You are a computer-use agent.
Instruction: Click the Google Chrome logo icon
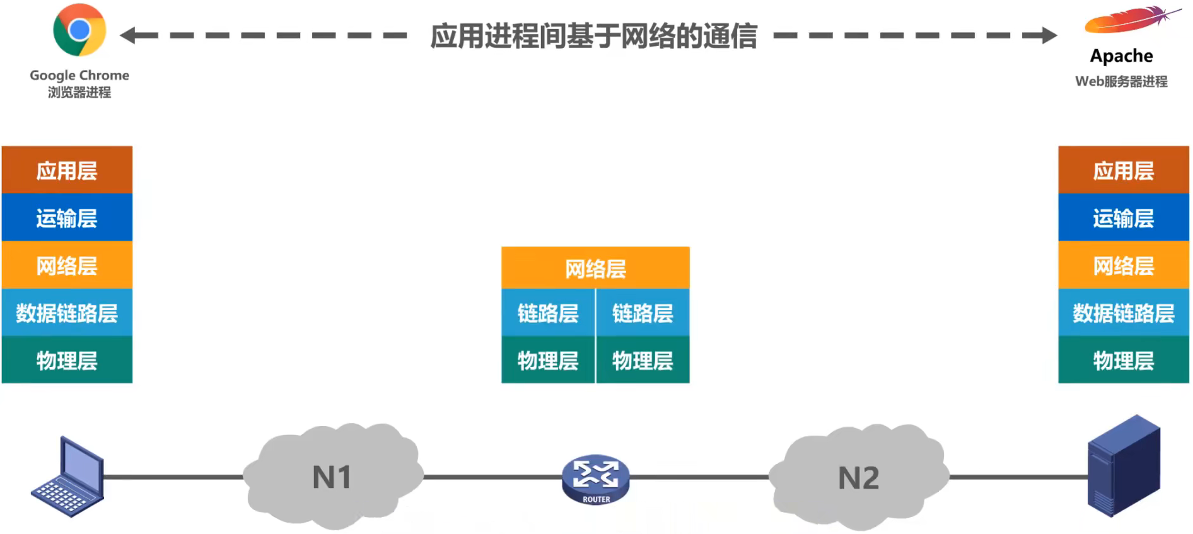click(x=79, y=30)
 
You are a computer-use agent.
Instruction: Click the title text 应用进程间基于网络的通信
click(x=593, y=36)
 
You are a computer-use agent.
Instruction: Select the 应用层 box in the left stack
click(x=67, y=170)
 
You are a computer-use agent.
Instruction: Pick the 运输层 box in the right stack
click(x=1123, y=218)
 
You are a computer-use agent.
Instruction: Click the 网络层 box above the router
click(x=595, y=269)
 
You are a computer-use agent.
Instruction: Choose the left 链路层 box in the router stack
click(x=547, y=313)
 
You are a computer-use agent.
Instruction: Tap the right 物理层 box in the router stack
click(x=643, y=361)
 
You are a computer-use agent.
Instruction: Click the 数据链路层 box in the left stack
click(x=67, y=313)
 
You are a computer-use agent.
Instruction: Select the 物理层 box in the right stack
click(x=1123, y=361)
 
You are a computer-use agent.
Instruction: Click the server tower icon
click(x=1124, y=467)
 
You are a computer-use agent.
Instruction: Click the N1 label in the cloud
click(x=332, y=477)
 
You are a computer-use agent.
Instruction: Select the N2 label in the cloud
click(x=858, y=478)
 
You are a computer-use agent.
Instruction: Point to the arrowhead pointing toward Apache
click(x=1048, y=35)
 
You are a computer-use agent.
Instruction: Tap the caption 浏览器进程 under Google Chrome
click(x=79, y=93)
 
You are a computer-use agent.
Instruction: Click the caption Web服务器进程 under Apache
click(x=1121, y=81)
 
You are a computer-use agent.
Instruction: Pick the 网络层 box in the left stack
click(x=67, y=265)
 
